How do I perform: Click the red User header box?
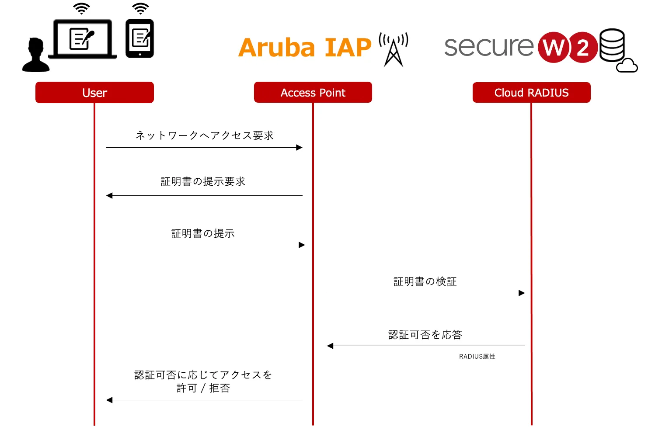tap(94, 93)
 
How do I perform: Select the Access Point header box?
tap(313, 93)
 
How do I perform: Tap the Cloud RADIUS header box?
tap(531, 93)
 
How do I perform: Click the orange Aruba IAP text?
tap(305, 48)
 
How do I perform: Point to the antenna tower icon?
tap(394, 49)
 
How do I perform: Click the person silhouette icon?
tap(35, 55)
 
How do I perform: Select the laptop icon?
tap(83, 39)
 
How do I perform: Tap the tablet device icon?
tap(140, 38)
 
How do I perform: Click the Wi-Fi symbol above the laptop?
tap(82, 8)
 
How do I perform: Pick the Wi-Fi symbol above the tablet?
tap(140, 8)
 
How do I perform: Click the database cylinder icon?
tap(612, 45)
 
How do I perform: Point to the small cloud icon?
tap(627, 65)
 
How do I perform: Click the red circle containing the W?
tap(554, 47)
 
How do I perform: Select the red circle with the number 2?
tap(583, 47)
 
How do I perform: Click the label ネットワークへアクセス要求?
tap(205, 135)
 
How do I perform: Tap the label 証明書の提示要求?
tap(203, 181)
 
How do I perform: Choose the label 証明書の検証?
tap(425, 281)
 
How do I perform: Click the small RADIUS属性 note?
tap(477, 357)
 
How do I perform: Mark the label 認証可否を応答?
tap(425, 335)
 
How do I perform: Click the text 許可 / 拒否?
tap(203, 388)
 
